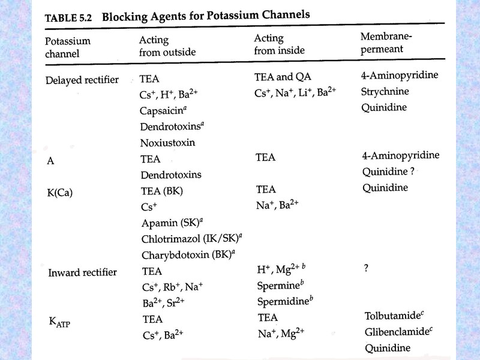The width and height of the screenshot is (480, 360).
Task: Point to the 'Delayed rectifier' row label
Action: point(82,80)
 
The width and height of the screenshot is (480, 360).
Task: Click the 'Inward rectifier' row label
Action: point(82,272)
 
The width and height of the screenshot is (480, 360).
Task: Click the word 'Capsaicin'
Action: point(164,110)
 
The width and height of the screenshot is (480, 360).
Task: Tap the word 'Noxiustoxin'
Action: point(168,143)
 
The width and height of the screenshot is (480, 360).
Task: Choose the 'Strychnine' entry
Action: point(385,92)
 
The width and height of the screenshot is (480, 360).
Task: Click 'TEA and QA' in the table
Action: point(283,77)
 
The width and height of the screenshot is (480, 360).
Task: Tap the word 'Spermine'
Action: point(277,286)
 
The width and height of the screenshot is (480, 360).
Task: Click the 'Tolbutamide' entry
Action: point(394,316)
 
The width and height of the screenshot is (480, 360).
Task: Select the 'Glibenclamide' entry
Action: point(396,332)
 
